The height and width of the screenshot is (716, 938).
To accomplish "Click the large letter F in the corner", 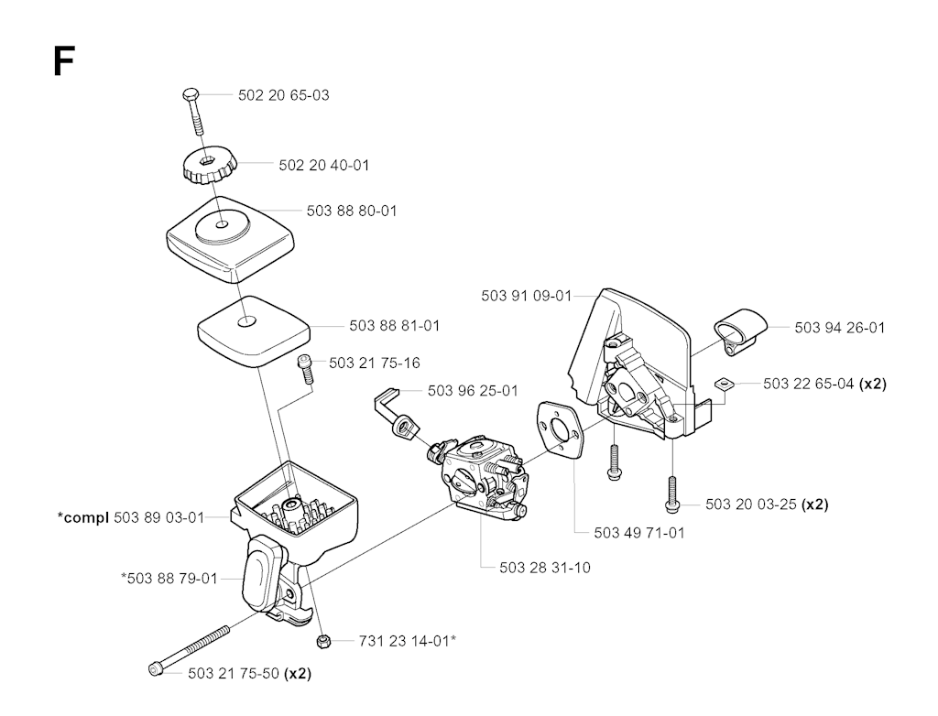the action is tap(63, 61).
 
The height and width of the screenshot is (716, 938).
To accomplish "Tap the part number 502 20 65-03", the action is tap(284, 95).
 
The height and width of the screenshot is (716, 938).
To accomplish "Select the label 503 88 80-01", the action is tap(352, 211).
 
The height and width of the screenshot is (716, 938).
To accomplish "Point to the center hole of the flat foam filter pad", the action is tap(245, 322).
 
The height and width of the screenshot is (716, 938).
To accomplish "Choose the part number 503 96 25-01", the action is tap(473, 391).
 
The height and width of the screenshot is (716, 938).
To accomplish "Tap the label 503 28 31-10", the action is tap(544, 567).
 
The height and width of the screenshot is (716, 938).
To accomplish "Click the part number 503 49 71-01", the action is tap(638, 532).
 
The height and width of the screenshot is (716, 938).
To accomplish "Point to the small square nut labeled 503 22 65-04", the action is tap(724, 383).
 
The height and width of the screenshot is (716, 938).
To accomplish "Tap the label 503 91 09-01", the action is tap(527, 296).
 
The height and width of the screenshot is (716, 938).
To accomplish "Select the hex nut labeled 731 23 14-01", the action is tap(323, 642).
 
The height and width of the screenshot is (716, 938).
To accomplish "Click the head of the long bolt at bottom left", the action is tap(156, 668).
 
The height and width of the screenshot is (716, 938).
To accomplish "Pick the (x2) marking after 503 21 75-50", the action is tap(298, 674).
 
